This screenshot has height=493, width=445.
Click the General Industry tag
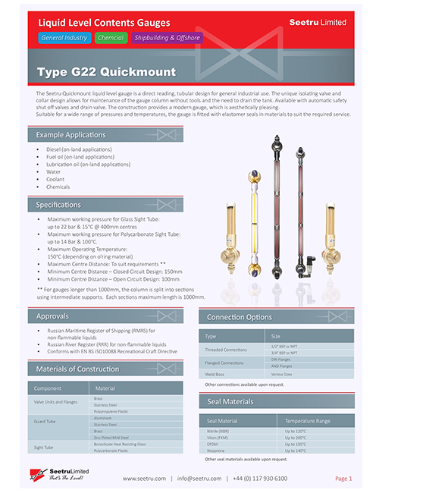click(x=64, y=38)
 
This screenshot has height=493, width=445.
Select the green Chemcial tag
click(x=111, y=38)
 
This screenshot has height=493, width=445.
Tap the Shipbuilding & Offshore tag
click(x=167, y=38)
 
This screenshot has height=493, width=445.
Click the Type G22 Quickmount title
click(x=106, y=73)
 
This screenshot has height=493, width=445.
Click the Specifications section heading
click(x=58, y=205)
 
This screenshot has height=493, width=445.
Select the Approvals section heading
click(x=53, y=316)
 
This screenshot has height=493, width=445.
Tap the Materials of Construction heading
click(x=78, y=369)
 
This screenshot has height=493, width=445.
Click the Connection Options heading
click(x=240, y=317)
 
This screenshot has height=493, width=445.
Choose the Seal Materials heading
click(x=230, y=402)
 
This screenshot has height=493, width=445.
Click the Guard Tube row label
click(x=47, y=419)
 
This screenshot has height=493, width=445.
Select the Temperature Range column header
click(x=308, y=421)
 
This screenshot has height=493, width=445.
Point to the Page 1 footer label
click(x=343, y=479)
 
